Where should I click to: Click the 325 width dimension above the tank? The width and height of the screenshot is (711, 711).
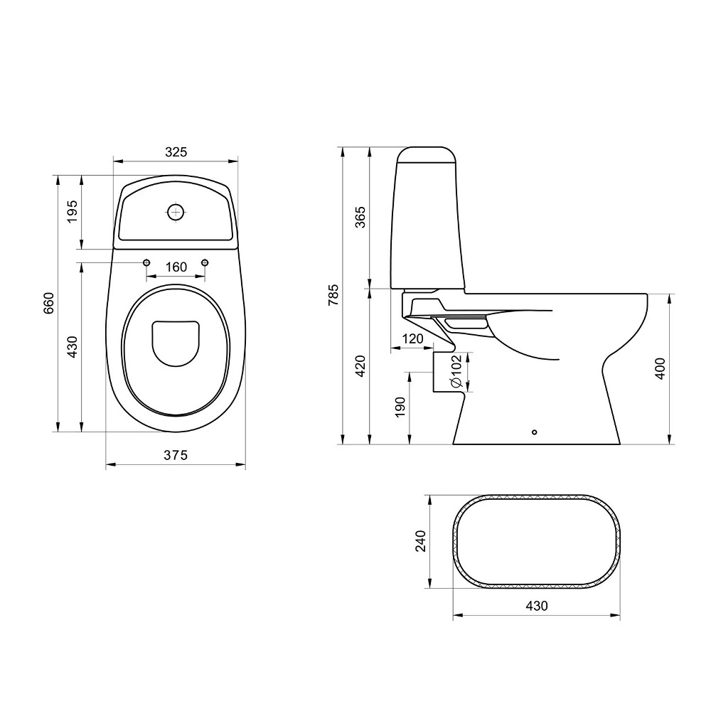[x=176, y=152]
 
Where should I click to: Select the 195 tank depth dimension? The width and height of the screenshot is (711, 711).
[x=72, y=212]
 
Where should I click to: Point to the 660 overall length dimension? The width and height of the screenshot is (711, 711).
[x=48, y=304]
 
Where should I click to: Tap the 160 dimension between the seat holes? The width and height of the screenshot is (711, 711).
[x=176, y=267]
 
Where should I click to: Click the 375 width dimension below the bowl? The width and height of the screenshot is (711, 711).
[x=176, y=455]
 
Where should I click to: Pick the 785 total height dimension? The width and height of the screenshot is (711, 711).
[x=333, y=295]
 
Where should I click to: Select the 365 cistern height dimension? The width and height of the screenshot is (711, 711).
[x=360, y=217]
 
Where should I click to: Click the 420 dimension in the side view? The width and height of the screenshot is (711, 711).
[x=360, y=365]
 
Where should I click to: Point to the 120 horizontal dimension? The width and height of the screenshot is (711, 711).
[x=412, y=338]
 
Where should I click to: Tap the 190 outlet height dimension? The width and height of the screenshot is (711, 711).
[x=400, y=407]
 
